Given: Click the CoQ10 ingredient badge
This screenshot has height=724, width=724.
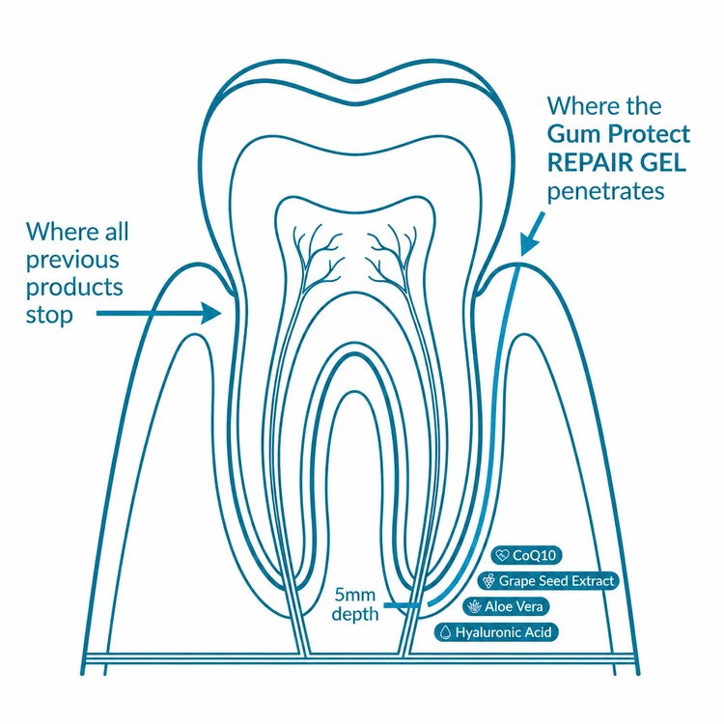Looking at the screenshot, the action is click(526, 554).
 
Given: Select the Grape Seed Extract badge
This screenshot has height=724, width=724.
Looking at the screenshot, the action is click(548, 580).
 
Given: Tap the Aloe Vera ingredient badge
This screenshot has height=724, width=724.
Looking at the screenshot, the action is click(506, 606).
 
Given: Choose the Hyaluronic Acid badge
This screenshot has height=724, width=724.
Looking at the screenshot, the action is click(496, 632).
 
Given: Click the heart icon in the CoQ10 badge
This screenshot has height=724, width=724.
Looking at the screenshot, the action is click(501, 554).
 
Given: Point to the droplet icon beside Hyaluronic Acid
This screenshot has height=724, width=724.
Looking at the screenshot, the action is click(446, 632).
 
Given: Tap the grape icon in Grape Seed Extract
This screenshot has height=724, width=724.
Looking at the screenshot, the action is click(489, 580).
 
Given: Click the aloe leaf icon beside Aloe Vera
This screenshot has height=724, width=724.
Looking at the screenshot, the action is click(474, 606).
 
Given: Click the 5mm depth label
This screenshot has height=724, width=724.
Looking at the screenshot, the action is click(355, 604).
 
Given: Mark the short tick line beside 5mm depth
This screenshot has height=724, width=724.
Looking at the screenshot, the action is click(402, 605).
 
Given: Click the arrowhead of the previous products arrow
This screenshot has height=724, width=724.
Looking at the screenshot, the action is click(212, 313).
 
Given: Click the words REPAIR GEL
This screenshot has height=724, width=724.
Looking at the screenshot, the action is click(617, 162).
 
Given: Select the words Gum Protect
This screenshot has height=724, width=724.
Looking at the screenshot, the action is click(619, 134).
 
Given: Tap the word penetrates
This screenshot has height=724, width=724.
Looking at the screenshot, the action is click(606, 191).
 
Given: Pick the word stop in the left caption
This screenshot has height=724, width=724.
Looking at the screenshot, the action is click(49, 316).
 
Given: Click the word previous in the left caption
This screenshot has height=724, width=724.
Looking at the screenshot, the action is click(72, 261).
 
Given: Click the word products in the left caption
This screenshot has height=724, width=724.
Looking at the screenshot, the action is click(74, 289).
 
